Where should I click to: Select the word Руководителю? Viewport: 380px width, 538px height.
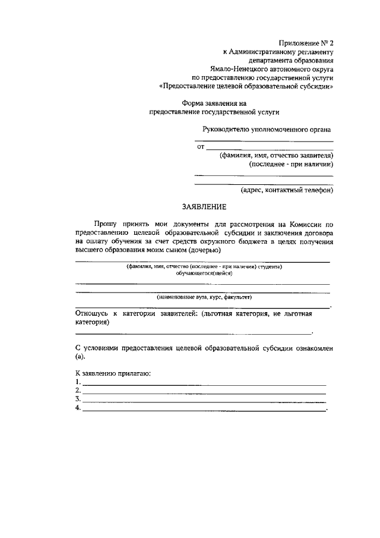pos(226,129)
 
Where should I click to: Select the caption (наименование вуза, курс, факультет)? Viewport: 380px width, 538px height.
pos(204,296)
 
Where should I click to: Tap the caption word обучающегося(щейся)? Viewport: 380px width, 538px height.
pos(204,273)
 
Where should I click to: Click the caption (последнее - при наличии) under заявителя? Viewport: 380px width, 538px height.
pos(291,164)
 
